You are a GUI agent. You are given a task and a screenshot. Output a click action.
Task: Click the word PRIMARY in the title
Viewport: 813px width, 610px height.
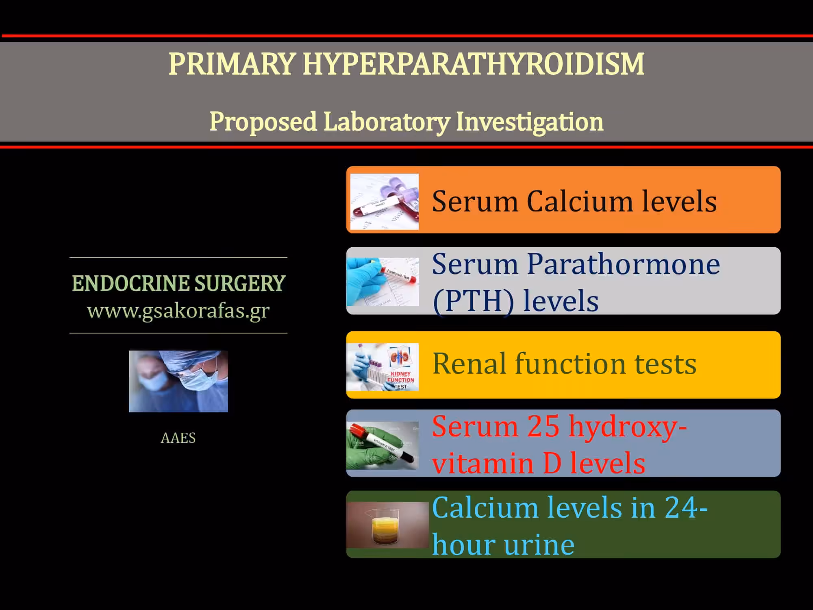pos(232,64)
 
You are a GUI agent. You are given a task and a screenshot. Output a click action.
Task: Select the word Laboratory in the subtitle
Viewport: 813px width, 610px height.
pos(387,122)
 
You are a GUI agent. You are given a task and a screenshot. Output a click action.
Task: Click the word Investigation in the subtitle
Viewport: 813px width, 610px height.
pos(530,122)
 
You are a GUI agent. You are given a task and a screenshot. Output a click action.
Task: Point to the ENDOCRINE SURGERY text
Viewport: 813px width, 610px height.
pos(178,283)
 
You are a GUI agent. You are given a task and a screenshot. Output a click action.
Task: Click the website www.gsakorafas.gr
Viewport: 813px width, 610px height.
pos(178,311)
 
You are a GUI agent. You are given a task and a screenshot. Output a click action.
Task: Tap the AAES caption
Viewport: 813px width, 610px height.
pos(178,438)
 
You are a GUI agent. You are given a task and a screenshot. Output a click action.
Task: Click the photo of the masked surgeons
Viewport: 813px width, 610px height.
pos(178,381)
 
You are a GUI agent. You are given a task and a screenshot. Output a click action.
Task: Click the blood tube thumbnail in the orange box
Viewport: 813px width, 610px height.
pos(385,202)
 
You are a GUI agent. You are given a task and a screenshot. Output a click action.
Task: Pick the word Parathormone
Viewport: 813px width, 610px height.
pos(624,264)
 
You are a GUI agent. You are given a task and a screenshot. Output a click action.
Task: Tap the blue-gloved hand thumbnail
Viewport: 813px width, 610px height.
pos(383,281)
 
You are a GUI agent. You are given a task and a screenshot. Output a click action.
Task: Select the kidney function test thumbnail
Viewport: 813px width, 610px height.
pos(383,367)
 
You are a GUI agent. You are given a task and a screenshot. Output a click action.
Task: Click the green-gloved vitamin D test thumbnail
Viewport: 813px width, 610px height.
pos(383,446)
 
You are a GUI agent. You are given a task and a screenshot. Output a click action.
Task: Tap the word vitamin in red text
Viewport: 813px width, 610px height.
pos(483,463)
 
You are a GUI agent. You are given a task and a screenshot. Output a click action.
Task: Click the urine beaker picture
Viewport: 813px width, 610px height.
pos(388,525)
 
